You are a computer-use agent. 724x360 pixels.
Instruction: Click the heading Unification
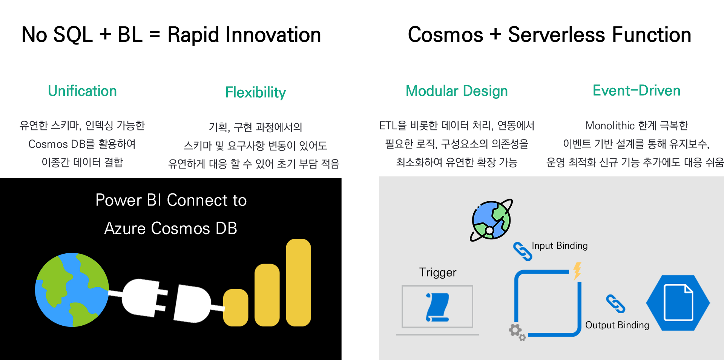pos(82,91)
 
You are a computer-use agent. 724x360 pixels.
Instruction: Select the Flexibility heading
pos(255,92)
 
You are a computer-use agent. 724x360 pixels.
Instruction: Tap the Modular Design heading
pos(456,91)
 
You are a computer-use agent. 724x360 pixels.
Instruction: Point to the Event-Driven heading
pos(636,90)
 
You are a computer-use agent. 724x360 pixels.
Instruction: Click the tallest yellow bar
pos(298,282)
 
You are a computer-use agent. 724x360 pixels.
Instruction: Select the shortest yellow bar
pos(236,307)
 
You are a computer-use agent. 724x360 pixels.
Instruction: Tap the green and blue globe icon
pos(72,290)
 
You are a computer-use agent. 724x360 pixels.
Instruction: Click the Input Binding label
pos(559,246)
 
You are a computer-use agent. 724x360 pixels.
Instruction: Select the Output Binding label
pos(617,325)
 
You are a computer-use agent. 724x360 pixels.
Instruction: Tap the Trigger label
pos(437,272)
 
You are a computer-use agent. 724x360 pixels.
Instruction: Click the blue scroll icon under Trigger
pos(437,307)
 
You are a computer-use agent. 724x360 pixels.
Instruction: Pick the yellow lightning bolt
pos(577,271)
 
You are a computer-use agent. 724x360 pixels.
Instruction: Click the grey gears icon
pos(516,331)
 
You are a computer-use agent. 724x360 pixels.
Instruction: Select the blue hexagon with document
pos(678,303)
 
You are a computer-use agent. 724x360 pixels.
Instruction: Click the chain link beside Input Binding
pos(523,251)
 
